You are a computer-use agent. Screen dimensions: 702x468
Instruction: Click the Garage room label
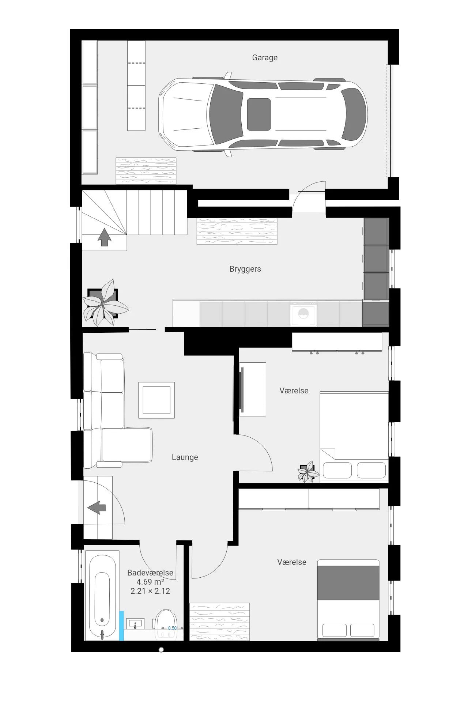click(x=265, y=58)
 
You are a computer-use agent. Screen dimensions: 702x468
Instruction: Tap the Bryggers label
click(x=245, y=269)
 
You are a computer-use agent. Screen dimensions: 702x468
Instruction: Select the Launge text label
click(x=185, y=457)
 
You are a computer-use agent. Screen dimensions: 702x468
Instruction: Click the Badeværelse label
click(x=150, y=573)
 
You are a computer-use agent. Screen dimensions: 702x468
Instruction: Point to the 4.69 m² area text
click(x=150, y=582)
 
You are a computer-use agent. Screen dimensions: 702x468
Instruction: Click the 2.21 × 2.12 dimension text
click(x=150, y=591)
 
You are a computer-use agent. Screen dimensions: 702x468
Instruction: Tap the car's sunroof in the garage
click(x=259, y=114)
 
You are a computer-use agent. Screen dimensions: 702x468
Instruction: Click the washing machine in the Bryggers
click(x=303, y=314)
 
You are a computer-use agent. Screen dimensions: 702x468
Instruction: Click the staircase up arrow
click(x=104, y=238)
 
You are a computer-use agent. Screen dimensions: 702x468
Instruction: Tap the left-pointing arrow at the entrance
click(x=97, y=507)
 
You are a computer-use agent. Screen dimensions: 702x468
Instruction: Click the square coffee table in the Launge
click(x=156, y=400)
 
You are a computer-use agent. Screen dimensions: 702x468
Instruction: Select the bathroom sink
click(x=135, y=623)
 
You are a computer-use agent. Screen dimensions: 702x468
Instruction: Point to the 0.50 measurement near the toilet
click(x=172, y=628)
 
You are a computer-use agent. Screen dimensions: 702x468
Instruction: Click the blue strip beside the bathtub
click(x=122, y=626)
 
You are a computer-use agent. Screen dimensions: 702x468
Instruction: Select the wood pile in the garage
click(x=146, y=171)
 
